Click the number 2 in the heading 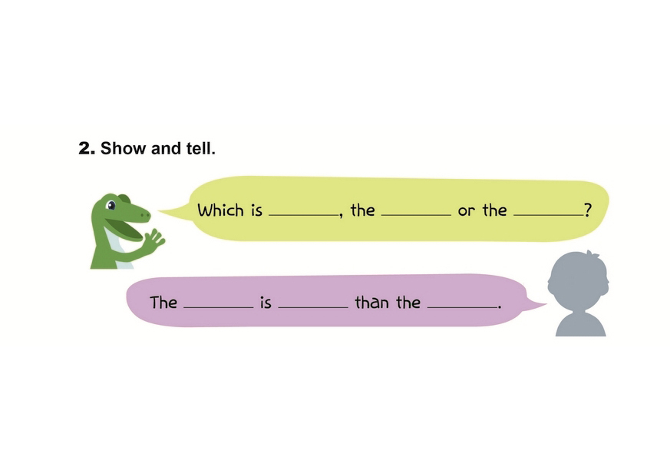click(85, 148)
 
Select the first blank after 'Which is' click(303, 213)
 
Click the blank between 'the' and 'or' click(416, 213)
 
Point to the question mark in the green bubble click(588, 210)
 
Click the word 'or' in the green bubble click(466, 211)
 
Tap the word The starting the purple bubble click(163, 303)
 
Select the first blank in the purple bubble click(218, 306)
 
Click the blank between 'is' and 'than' click(312, 306)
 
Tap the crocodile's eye click(112, 206)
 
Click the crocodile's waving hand click(154, 240)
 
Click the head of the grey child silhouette click(579, 280)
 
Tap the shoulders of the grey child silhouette click(580, 324)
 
